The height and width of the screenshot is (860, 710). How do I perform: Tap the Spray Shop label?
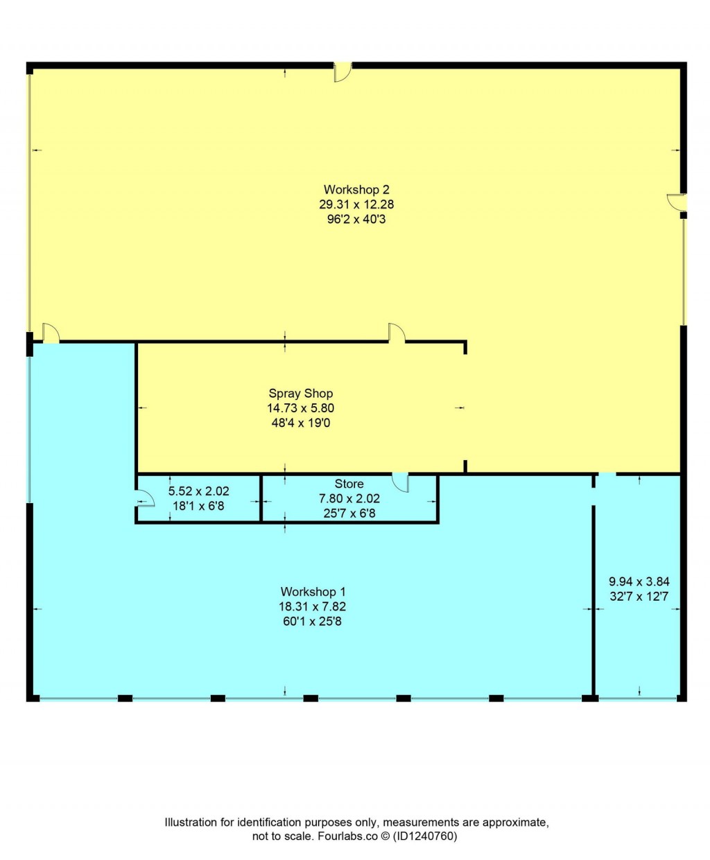coord(300,393)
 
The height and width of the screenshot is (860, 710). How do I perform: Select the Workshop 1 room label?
coord(313,591)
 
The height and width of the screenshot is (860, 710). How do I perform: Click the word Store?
coord(349,484)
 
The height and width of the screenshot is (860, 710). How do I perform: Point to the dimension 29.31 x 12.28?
coord(356,204)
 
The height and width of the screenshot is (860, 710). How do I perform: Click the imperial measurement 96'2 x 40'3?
coord(356,219)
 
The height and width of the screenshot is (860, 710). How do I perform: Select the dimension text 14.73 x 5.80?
coord(300,408)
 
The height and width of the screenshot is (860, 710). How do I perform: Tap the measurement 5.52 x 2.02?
coord(198,491)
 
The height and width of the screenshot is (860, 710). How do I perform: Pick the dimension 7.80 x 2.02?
coord(349,498)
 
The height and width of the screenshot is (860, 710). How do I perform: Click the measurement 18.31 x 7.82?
coord(313,606)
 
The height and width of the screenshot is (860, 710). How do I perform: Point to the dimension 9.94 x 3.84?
coord(639,581)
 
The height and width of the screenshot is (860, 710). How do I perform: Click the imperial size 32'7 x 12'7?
coord(639,596)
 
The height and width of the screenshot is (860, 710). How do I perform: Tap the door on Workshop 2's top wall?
coord(343,72)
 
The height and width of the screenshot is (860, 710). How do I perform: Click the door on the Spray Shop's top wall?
coord(397,333)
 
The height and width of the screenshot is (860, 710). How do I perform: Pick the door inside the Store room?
coord(400,482)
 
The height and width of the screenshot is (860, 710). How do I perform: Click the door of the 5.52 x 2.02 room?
coord(144,498)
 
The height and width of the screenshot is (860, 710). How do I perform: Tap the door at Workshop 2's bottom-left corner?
coord(51,333)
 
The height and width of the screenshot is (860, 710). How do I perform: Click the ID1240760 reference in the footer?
coord(425,836)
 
